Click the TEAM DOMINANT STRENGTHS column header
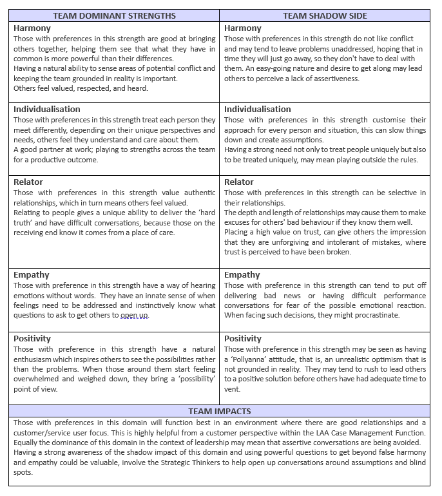[114, 15]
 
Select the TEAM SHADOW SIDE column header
[324, 15]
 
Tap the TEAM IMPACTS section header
[220, 410]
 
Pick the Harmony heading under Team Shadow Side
[243, 28]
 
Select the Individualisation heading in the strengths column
[47, 110]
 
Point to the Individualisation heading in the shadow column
[258, 110]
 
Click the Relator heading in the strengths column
[28, 182]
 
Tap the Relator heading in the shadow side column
[239, 182]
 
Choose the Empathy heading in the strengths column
[32, 275]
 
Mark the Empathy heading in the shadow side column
[242, 275]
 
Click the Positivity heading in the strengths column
[32, 338]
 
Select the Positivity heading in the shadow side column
[243, 338]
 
